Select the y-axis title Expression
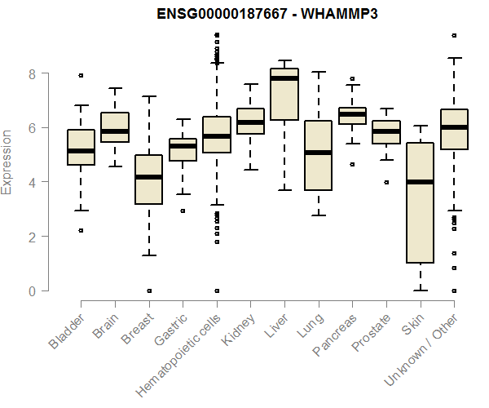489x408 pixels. (7, 162)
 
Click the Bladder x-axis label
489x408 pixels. (67, 331)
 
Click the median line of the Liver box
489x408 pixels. (284, 78)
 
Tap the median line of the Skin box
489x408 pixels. (420, 182)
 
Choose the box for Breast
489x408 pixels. (148, 180)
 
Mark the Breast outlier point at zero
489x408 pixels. (148, 290)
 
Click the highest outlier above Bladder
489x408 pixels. (81, 75)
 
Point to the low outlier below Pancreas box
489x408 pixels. (352, 164)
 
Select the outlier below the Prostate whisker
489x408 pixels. (385, 182)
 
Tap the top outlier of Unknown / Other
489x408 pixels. (453, 35)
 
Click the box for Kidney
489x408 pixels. (250, 121)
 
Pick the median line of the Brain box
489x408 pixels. (115, 131)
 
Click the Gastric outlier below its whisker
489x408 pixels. (183, 211)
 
